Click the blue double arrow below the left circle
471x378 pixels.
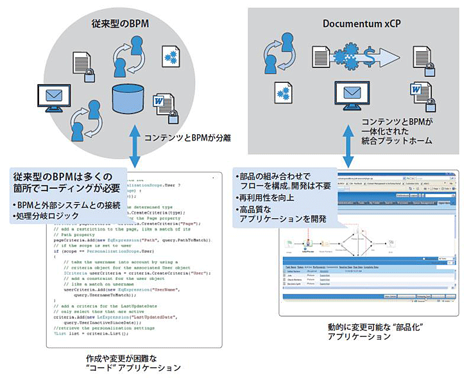click(x=133, y=147)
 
